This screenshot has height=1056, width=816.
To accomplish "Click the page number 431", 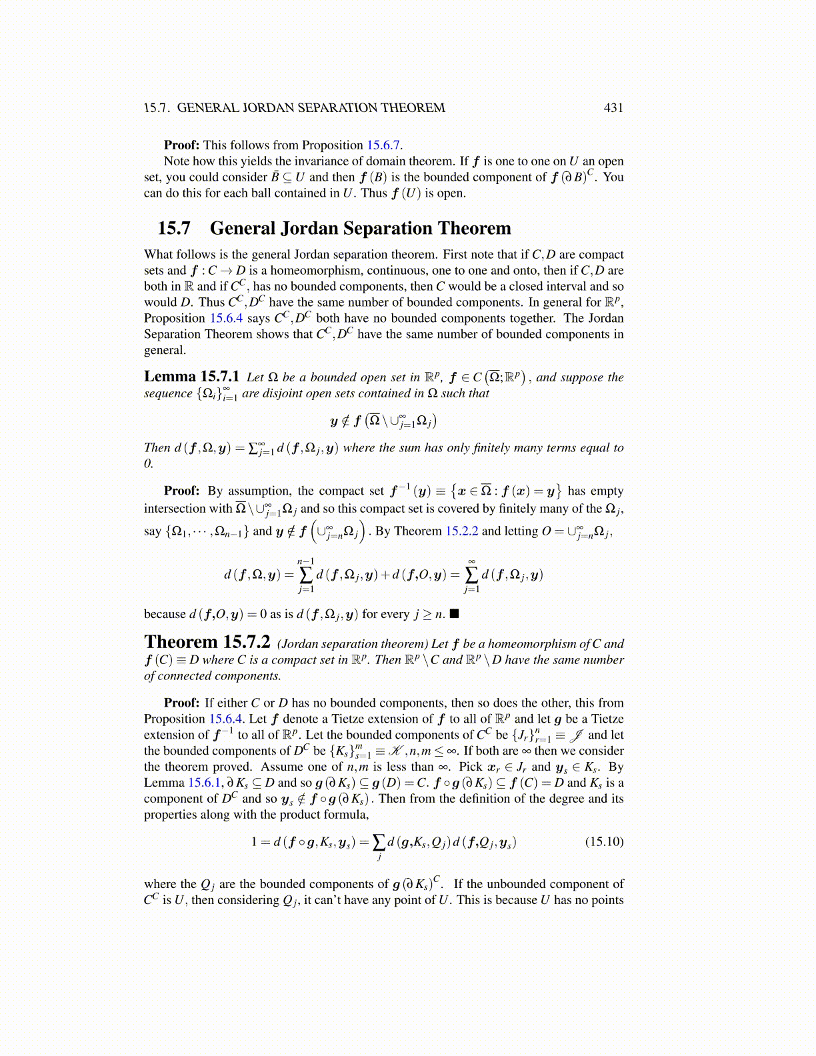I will tap(613, 108).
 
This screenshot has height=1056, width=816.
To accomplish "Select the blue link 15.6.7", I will tap(383, 145).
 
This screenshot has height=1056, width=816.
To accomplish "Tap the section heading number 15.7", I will tap(173, 229).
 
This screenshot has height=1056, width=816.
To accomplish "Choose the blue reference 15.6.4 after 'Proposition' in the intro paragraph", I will tap(226, 319).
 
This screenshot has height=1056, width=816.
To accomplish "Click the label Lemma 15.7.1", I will tap(191, 377).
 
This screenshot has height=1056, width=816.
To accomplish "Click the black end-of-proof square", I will tap(454, 614).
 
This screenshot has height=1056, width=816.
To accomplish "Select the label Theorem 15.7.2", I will tap(207, 643).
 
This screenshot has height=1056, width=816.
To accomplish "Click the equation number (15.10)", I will tap(604, 842).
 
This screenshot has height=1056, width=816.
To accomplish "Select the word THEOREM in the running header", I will tap(413, 108).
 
